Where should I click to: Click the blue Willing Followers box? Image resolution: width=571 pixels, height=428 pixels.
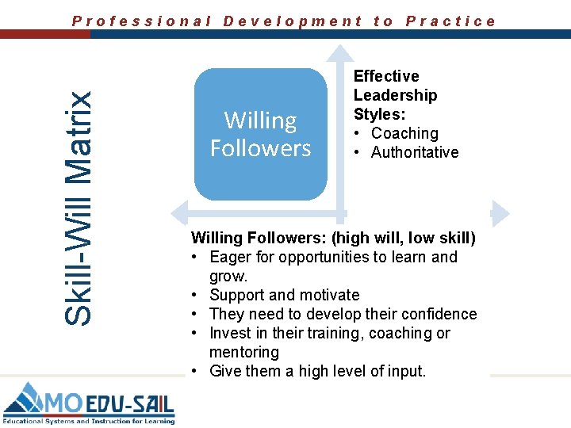(260, 134)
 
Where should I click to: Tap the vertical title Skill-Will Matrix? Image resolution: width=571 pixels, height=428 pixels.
(77, 207)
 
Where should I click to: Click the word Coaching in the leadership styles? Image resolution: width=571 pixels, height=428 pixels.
(404, 133)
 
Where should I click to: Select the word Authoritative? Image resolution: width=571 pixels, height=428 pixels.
(415, 152)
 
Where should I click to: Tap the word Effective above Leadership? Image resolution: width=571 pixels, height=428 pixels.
(386, 76)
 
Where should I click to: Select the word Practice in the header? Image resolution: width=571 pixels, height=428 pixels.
(450, 21)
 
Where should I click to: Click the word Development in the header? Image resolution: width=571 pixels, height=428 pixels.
(293, 21)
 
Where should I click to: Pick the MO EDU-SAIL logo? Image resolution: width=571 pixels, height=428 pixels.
(88, 402)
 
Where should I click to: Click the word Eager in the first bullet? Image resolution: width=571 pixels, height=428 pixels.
(232, 257)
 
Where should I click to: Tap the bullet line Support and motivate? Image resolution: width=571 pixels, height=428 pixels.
(284, 295)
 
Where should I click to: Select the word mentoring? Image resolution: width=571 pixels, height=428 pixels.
(244, 352)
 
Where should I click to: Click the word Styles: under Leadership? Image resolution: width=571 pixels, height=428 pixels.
(380, 114)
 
